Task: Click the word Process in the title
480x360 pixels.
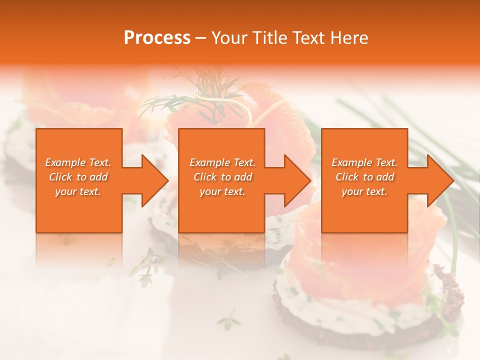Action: pyautogui.click(x=157, y=38)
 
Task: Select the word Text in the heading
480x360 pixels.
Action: pyautogui.click(x=308, y=38)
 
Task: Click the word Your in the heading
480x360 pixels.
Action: pyautogui.click(x=229, y=38)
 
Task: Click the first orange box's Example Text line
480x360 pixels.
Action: pyautogui.click(x=78, y=162)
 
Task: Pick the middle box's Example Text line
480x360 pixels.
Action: pyautogui.click(x=222, y=162)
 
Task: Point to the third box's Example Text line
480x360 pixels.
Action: pyautogui.click(x=364, y=162)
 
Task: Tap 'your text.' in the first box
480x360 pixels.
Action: pyautogui.click(x=78, y=191)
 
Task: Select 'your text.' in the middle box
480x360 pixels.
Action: pyautogui.click(x=222, y=191)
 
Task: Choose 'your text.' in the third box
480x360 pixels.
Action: pyautogui.click(x=364, y=191)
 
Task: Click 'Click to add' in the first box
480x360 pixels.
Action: pyautogui.click(x=78, y=177)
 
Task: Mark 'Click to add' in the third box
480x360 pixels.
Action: pyautogui.click(x=364, y=177)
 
